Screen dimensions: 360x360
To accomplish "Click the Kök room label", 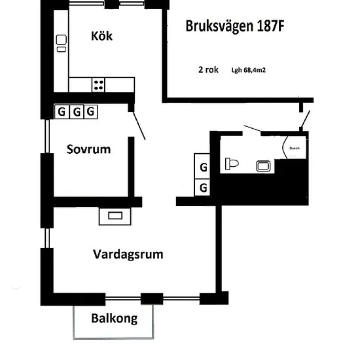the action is click(x=101, y=36).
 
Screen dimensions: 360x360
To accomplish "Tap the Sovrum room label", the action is click(x=88, y=149).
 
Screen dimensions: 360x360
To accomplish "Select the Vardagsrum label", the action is click(x=128, y=255).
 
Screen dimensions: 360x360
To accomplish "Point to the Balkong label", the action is click(x=115, y=319).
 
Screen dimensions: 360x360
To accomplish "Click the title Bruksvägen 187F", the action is click(x=235, y=26).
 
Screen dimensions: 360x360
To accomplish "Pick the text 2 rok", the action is click(x=208, y=69).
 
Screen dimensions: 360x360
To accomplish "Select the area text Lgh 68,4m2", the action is click(x=249, y=70).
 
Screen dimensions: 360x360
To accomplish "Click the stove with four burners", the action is click(x=98, y=85).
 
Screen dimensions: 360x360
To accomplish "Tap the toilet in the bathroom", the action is click(x=232, y=164).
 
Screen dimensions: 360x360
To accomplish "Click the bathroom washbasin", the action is click(x=263, y=166).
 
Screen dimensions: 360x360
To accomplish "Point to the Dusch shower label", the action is click(x=295, y=149).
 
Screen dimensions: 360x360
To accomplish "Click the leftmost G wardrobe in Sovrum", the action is click(x=62, y=112).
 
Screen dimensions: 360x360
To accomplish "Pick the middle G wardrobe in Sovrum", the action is click(x=77, y=112).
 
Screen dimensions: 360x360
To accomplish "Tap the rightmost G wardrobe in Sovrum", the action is click(x=91, y=112).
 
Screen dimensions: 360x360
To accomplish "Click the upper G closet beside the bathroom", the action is click(x=202, y=166).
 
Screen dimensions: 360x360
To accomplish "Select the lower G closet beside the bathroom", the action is click(x=202, y=188).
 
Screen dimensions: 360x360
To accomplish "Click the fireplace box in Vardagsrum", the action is click(x=115, y=216).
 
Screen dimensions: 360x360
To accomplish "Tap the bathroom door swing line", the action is click(x=252, y=128).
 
